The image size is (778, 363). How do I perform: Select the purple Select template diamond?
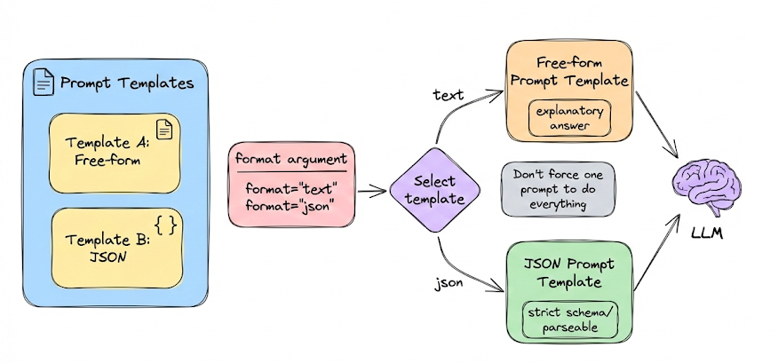(x=435, y=189)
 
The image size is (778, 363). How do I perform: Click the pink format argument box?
(x=292, y=183)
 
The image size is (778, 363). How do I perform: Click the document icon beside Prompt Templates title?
(x=43, y=83)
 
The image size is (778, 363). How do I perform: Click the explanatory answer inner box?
(x=569, y=120)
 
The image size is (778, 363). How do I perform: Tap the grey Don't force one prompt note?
(x=557, y=188)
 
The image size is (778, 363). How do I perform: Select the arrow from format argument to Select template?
(x=370, y=188)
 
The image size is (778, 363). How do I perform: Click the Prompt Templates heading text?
(x=126, y=84)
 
